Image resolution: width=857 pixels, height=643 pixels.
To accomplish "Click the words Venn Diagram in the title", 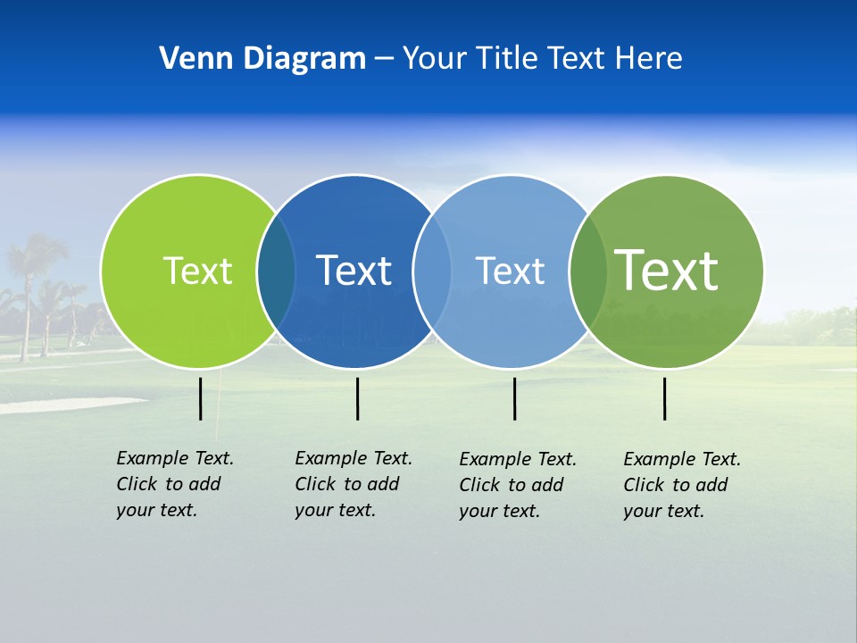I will [x=262, y=59].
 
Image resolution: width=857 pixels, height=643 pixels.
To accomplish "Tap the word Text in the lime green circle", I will [x=197, y=271].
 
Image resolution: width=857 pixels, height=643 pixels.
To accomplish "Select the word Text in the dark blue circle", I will [x=354, y=271].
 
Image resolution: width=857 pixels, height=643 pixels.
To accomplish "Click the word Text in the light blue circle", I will [x=510, y=271].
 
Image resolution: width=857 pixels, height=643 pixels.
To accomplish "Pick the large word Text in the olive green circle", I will [x=667, y=270].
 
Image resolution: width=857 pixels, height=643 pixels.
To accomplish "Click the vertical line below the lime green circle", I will [x=201, y=398].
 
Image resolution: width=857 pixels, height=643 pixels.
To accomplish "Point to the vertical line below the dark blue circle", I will [x=357, y=398].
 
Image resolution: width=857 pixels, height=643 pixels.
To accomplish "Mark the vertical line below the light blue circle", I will [x=514, y=398].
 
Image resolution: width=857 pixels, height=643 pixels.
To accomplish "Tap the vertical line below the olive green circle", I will [x=665, y=398].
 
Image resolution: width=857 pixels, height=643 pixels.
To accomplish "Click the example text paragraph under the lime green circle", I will [x=175, y=484].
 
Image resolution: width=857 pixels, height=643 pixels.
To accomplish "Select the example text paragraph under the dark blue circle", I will [x=354, y=484].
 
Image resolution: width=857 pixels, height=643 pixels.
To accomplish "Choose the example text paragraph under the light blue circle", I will [x=518, y=485].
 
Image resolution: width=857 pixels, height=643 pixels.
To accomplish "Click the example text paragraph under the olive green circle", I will [x=682, y=485].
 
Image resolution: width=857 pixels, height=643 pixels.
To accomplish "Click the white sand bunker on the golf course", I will [x=62, y=405].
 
